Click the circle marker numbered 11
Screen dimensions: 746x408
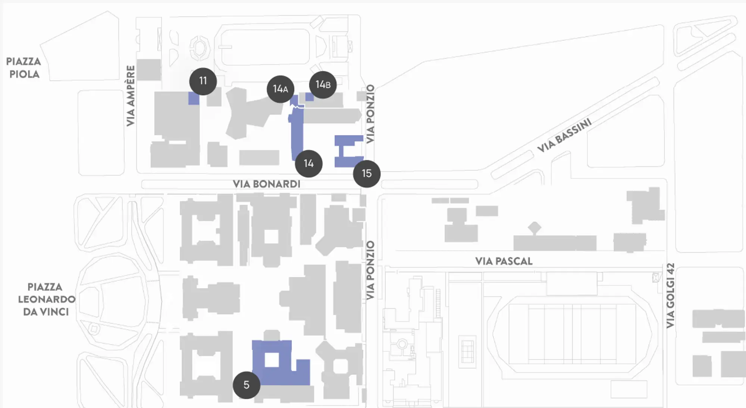click(203, 81)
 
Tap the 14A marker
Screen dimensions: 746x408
click(280, 89)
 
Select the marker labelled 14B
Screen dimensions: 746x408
click(323, 85)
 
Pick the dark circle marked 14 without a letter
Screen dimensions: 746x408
click(308, 163)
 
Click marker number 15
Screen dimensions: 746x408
click(367, 173)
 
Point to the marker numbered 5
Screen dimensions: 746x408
click(246, 385)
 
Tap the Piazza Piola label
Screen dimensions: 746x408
click(23, 68)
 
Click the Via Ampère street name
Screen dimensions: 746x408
click(130, 96)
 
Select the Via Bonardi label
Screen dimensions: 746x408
click(266, 184)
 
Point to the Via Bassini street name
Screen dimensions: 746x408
click(564, 136)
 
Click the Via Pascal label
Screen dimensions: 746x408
click(504, 261)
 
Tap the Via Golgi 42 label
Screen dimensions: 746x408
click(671, 296)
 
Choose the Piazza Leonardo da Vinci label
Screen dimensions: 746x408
click(46, 299)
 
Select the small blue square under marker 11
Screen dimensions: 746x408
click(194, 99)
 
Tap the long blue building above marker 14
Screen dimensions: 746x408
click(297, 133)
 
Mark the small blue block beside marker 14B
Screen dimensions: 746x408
click(309, 97)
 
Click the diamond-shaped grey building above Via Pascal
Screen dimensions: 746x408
click(535, 227)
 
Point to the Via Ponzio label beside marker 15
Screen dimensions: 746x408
click(370, 114)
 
